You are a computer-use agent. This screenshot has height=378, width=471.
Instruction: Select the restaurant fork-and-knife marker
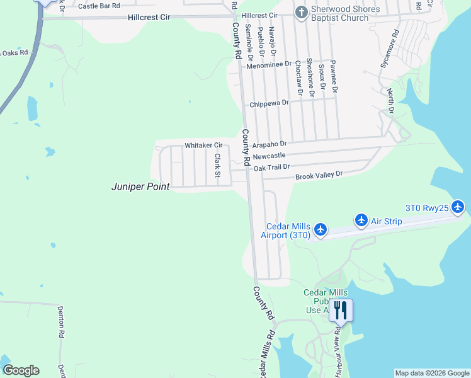(x=340, y=309)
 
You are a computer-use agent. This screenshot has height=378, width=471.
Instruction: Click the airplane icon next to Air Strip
(x=361, y=220)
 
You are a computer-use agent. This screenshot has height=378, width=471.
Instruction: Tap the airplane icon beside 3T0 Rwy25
(x=458, y=207)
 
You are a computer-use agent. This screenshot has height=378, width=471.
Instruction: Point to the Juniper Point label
(x=140, y=187)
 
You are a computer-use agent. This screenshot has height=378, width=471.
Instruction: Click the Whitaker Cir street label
(x=203, y=146)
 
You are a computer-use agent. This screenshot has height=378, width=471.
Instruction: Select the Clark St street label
(x=218, y=165)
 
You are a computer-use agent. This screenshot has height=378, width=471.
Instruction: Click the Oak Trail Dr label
(x=271, y=167)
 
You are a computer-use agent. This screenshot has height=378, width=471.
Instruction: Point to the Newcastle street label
(x=269, y=155)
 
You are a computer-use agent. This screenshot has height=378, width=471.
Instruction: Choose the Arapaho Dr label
(x=269, y=144)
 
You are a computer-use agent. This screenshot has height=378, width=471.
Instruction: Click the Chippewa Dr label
(x=269, y=103)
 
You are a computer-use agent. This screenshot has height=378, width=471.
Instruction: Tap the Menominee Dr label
(x=270, y=64)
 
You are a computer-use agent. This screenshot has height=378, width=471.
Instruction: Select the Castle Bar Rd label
(x=99, y=6)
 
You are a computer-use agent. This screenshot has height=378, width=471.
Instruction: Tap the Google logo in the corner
(x=21, y=370)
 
